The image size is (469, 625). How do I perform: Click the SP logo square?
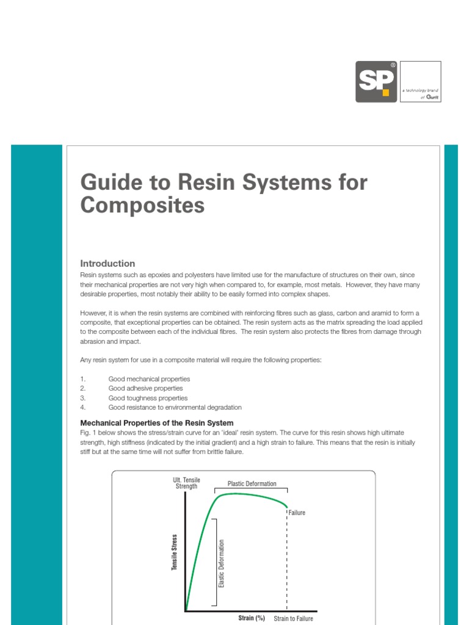click(376, 82)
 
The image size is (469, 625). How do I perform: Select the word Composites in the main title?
click(142, 206)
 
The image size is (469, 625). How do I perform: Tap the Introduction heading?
click(107, 264)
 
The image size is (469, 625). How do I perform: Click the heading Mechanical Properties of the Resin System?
click(157, 422)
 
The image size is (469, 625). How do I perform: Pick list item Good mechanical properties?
click(149, 379)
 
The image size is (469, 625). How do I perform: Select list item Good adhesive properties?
click(145, 388)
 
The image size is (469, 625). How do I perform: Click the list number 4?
click(82, 407)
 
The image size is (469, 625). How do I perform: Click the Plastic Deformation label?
click(252, 483)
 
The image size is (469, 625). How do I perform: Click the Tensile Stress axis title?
click(174, 552)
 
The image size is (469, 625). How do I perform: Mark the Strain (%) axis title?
click(251, 618)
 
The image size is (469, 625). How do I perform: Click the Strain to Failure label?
click(293, 618)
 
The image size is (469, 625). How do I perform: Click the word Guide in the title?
click(106, 182)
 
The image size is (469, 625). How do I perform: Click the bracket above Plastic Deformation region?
click(251, 489)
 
